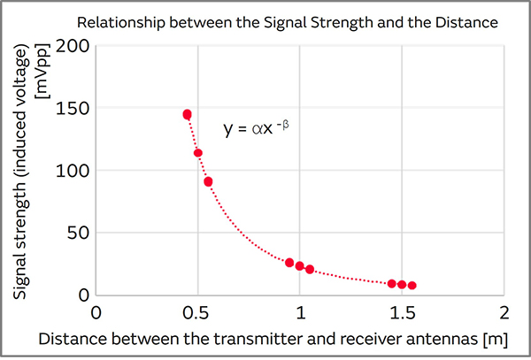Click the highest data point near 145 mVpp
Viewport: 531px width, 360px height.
click(x=188, y=114)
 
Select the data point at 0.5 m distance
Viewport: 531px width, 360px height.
click(x=198, y=153)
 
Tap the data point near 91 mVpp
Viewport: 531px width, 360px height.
click(x=208, y=182)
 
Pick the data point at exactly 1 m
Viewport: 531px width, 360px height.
click(x=300, y=265)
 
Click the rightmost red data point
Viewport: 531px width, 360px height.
click(x=412, y=286)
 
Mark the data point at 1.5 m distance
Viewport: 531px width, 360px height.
click(x=402, y=285)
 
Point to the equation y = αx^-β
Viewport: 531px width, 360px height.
click(x=257, y=129)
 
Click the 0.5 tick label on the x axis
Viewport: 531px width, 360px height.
click(x=198, y=313)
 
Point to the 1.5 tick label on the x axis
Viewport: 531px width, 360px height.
click(x=403, y=313)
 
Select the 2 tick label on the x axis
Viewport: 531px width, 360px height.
click(x=504, y=313)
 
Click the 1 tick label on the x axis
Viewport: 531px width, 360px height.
click(x=300, y=313)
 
